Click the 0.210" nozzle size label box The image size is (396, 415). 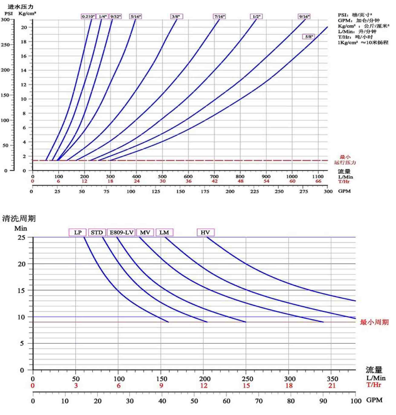pos(88,17)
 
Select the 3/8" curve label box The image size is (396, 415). pos(177,17)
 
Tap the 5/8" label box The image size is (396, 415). pos(309,37)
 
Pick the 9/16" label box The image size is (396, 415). pos(304,17)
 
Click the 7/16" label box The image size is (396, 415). pos(219,17)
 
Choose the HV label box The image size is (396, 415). pos(205,232)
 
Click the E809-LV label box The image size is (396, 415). pos(121,232)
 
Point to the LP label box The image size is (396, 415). pos(78,232)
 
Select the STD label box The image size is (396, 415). pos(97,232)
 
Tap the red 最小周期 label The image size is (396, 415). pos(374,322)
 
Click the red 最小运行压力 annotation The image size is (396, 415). pos(345,160)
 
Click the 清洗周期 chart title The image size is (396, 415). pos(19,218)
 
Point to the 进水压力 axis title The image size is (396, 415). pos(20,7)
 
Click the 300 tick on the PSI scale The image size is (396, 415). pos(5,19)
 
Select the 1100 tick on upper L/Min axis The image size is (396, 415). pos(317,176)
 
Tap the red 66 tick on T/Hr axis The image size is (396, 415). pos(318,181)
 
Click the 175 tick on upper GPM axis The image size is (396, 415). pos(205,191)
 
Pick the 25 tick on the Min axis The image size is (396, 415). pos(21,237)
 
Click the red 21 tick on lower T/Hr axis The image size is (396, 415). pos(332,385)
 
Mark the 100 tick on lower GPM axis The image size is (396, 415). pos(355,401)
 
